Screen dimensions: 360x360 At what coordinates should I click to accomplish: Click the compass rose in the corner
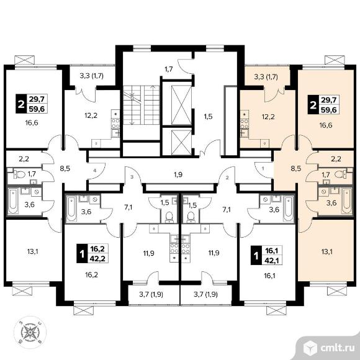pos(30,332)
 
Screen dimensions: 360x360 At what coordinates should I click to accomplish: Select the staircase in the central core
pos(141,105)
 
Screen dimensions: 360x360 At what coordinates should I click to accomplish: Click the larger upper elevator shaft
pos(181,105)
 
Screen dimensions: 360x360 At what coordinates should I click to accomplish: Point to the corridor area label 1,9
pos(178,174)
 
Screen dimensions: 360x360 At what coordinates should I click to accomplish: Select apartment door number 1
pos(263,168)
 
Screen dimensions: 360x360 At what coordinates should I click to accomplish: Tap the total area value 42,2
pos(97,259)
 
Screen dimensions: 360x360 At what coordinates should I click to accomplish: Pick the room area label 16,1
pos(269,276)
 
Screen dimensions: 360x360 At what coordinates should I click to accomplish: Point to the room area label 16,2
pos(92,274)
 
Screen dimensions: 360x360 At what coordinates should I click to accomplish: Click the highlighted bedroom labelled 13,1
pos(326,252)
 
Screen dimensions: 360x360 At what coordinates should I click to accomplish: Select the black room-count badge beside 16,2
pos(81,254)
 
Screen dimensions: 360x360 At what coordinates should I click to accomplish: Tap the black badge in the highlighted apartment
pos(313,105)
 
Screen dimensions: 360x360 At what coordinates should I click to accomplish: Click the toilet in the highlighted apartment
pos(340,174)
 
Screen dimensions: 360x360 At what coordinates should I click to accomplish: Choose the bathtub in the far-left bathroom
pos(13,201)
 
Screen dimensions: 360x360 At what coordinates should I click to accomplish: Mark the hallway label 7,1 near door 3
pos(128,208)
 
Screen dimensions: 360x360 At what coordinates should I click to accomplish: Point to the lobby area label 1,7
pos(168,69)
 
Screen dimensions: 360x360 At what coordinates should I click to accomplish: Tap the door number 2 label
pos(227,178)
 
